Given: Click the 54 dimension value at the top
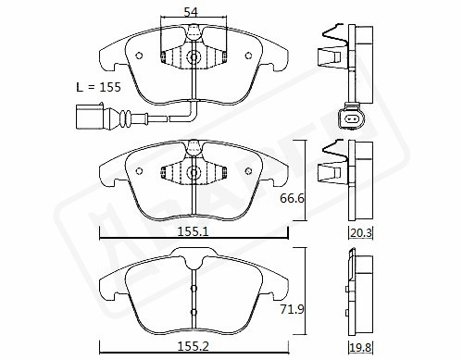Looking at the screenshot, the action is pos(191,12).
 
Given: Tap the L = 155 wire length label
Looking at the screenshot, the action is pos(98,87).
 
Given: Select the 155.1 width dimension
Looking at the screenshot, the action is pos(193,231).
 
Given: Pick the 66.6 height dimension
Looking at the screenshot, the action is pos(292,198).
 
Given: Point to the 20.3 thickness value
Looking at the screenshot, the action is pos(361,232).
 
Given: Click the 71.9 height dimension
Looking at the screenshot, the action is pos(292,309).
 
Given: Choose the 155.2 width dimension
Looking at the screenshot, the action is pos(193,347).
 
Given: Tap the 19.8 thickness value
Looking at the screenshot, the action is pos(361,348).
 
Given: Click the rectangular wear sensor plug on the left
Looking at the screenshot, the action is pos(90,117).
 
